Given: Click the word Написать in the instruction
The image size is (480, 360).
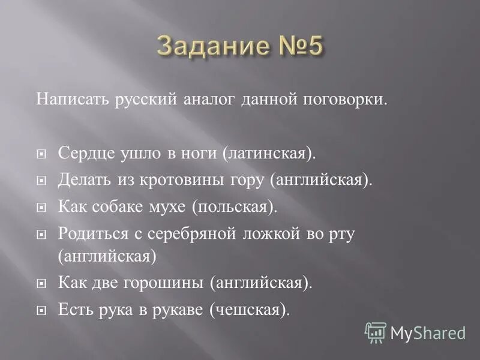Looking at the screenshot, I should (x=65, y=99).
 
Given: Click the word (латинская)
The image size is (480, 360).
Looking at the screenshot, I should (x=269, y=152).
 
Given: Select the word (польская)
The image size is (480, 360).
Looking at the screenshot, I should (x=235, y=206).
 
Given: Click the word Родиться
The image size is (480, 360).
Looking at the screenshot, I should (x=89, y=233).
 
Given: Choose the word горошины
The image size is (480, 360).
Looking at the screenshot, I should (x=168, y=281).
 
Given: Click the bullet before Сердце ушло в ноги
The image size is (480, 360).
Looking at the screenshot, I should (x=41, y=154).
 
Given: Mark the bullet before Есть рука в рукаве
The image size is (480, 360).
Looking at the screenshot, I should (x=41, y=310).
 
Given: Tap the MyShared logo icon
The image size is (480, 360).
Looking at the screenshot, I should (x=376, y=332).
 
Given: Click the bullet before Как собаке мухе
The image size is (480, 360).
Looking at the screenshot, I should (x=41, y=208).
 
